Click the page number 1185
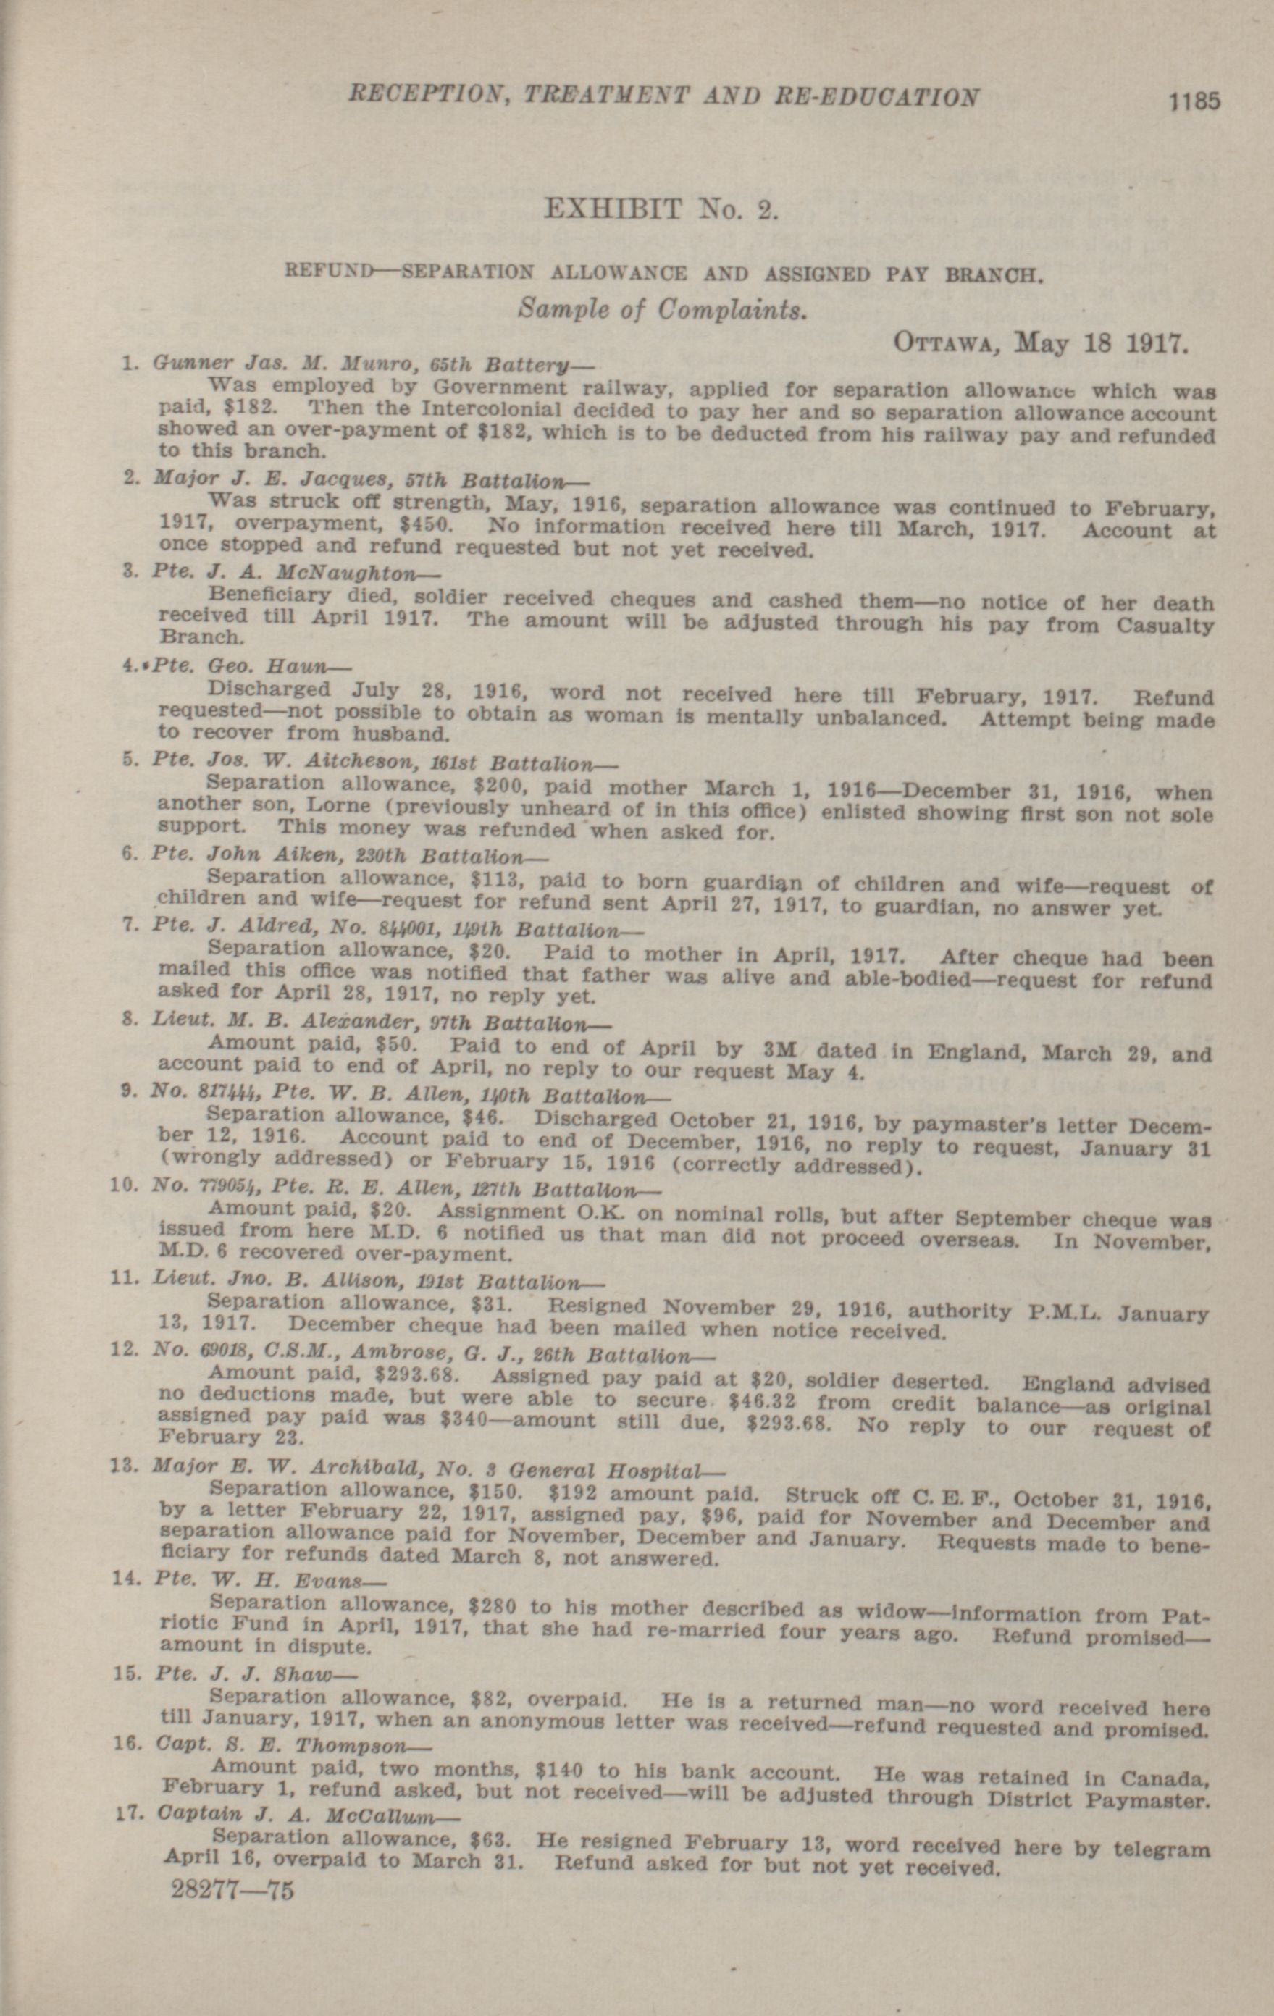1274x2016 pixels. [1195, 101]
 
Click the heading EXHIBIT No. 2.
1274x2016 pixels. [661, 208]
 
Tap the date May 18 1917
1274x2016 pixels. [1099, 343]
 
